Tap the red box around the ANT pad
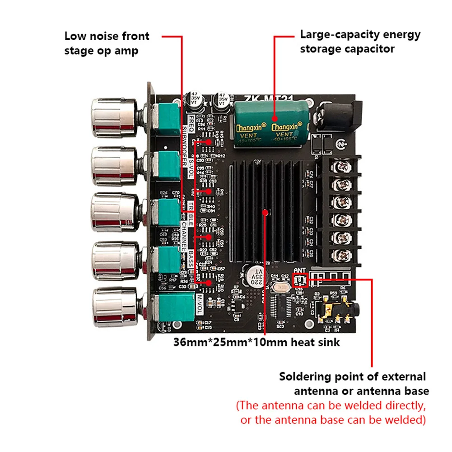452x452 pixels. (299, 280)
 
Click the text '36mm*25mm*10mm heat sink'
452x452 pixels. (256, 342)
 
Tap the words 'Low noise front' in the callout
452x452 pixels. (107, 36)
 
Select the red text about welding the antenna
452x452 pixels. (331, 413)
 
